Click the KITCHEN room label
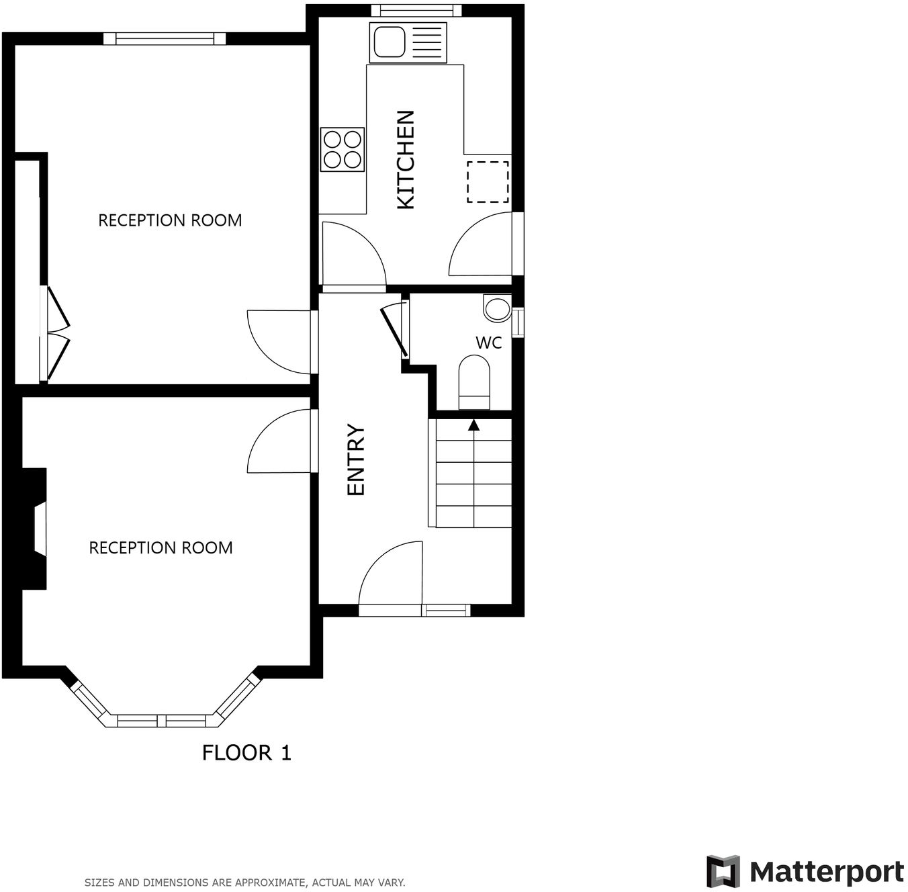click(406, 160)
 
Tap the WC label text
click(488, 343)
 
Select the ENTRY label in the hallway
click(355, 460)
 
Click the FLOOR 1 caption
click(246, 753)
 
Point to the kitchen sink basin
click(389, 42)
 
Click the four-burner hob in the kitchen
click(343, 149)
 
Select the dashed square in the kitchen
click(488, 181)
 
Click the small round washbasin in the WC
click(498, 309)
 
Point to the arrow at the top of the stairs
click(474, 425)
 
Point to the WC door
click(395, 329)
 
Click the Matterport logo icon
click(723, 871)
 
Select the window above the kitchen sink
click(416, 10)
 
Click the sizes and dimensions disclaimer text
click(244, 882)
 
